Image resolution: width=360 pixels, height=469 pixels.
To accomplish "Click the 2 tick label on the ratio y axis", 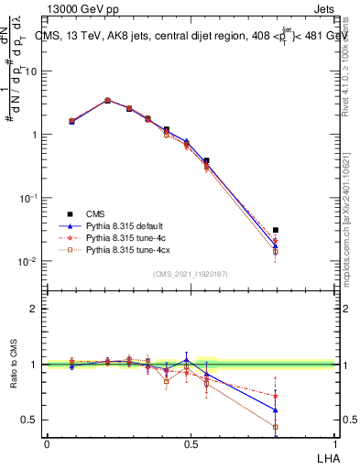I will (x=35, y=309).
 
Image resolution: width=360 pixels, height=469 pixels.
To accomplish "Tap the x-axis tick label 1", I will (x=335, y=444).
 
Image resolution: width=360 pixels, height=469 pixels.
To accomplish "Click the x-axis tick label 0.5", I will (x=191, y=444).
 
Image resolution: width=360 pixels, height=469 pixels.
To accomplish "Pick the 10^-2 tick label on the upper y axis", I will (x=28, y=262).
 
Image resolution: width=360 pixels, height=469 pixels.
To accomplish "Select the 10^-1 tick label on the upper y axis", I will (x=28, y=199).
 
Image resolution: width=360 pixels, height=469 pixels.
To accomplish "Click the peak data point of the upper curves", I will (x=108, y=101).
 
